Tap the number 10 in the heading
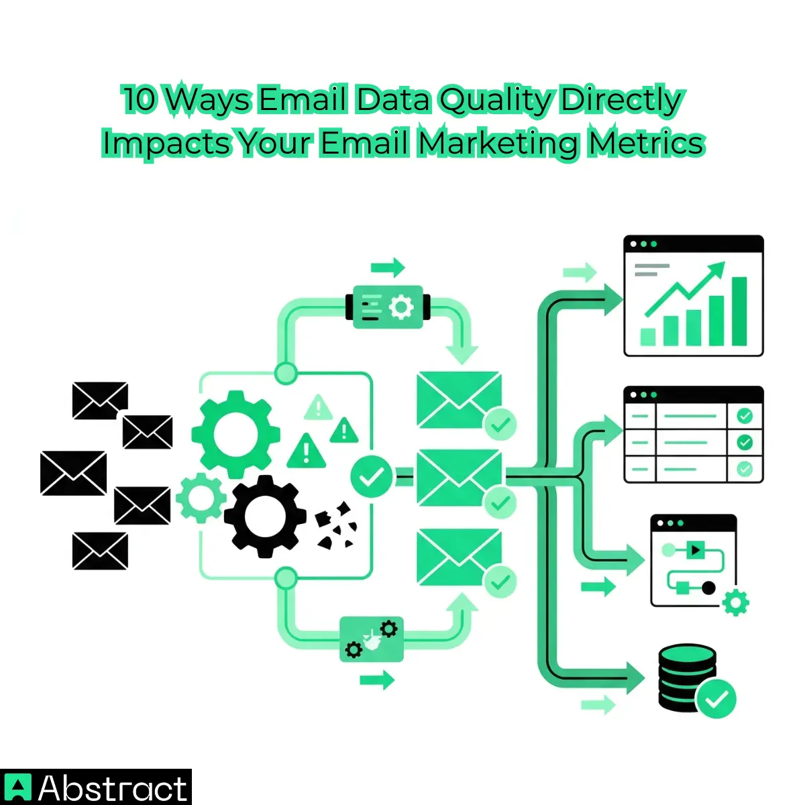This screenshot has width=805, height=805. tap(140, 101)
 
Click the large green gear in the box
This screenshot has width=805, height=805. tap(235, 434)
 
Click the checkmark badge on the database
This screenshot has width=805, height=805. tap(716, 699)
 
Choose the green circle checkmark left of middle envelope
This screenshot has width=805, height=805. tap(371, 477)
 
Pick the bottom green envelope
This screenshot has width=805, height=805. tap(459, 557)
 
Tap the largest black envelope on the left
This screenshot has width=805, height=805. tap(73, 473)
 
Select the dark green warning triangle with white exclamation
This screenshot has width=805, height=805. tap(306, 450)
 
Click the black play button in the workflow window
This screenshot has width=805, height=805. tap(694, 550)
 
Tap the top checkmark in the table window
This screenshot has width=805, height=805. tap(744, 416)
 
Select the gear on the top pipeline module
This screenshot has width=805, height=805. tap(401, 308)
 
